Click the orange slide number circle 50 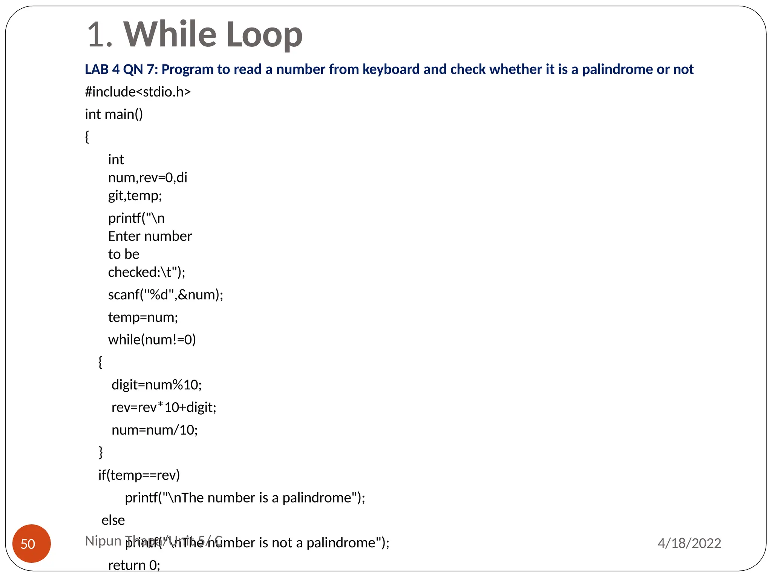pos(32,543)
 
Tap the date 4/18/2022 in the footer pos(689,543)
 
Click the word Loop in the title pos(264,35)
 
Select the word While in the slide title pos(170,35)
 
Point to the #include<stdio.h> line pos(138,92)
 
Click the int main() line pos(114,114)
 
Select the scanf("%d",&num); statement pos(165,295)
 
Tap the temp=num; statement pos(143,317)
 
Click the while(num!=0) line pos(152,340)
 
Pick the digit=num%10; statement pos(156,385)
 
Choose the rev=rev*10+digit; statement pos(164,407)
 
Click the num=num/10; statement pos(155,430)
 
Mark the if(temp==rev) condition pos(139,475)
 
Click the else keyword pos(113,520)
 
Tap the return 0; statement pos(134,565)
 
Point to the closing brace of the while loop pos(101,452)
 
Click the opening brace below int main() pos(87,136)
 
